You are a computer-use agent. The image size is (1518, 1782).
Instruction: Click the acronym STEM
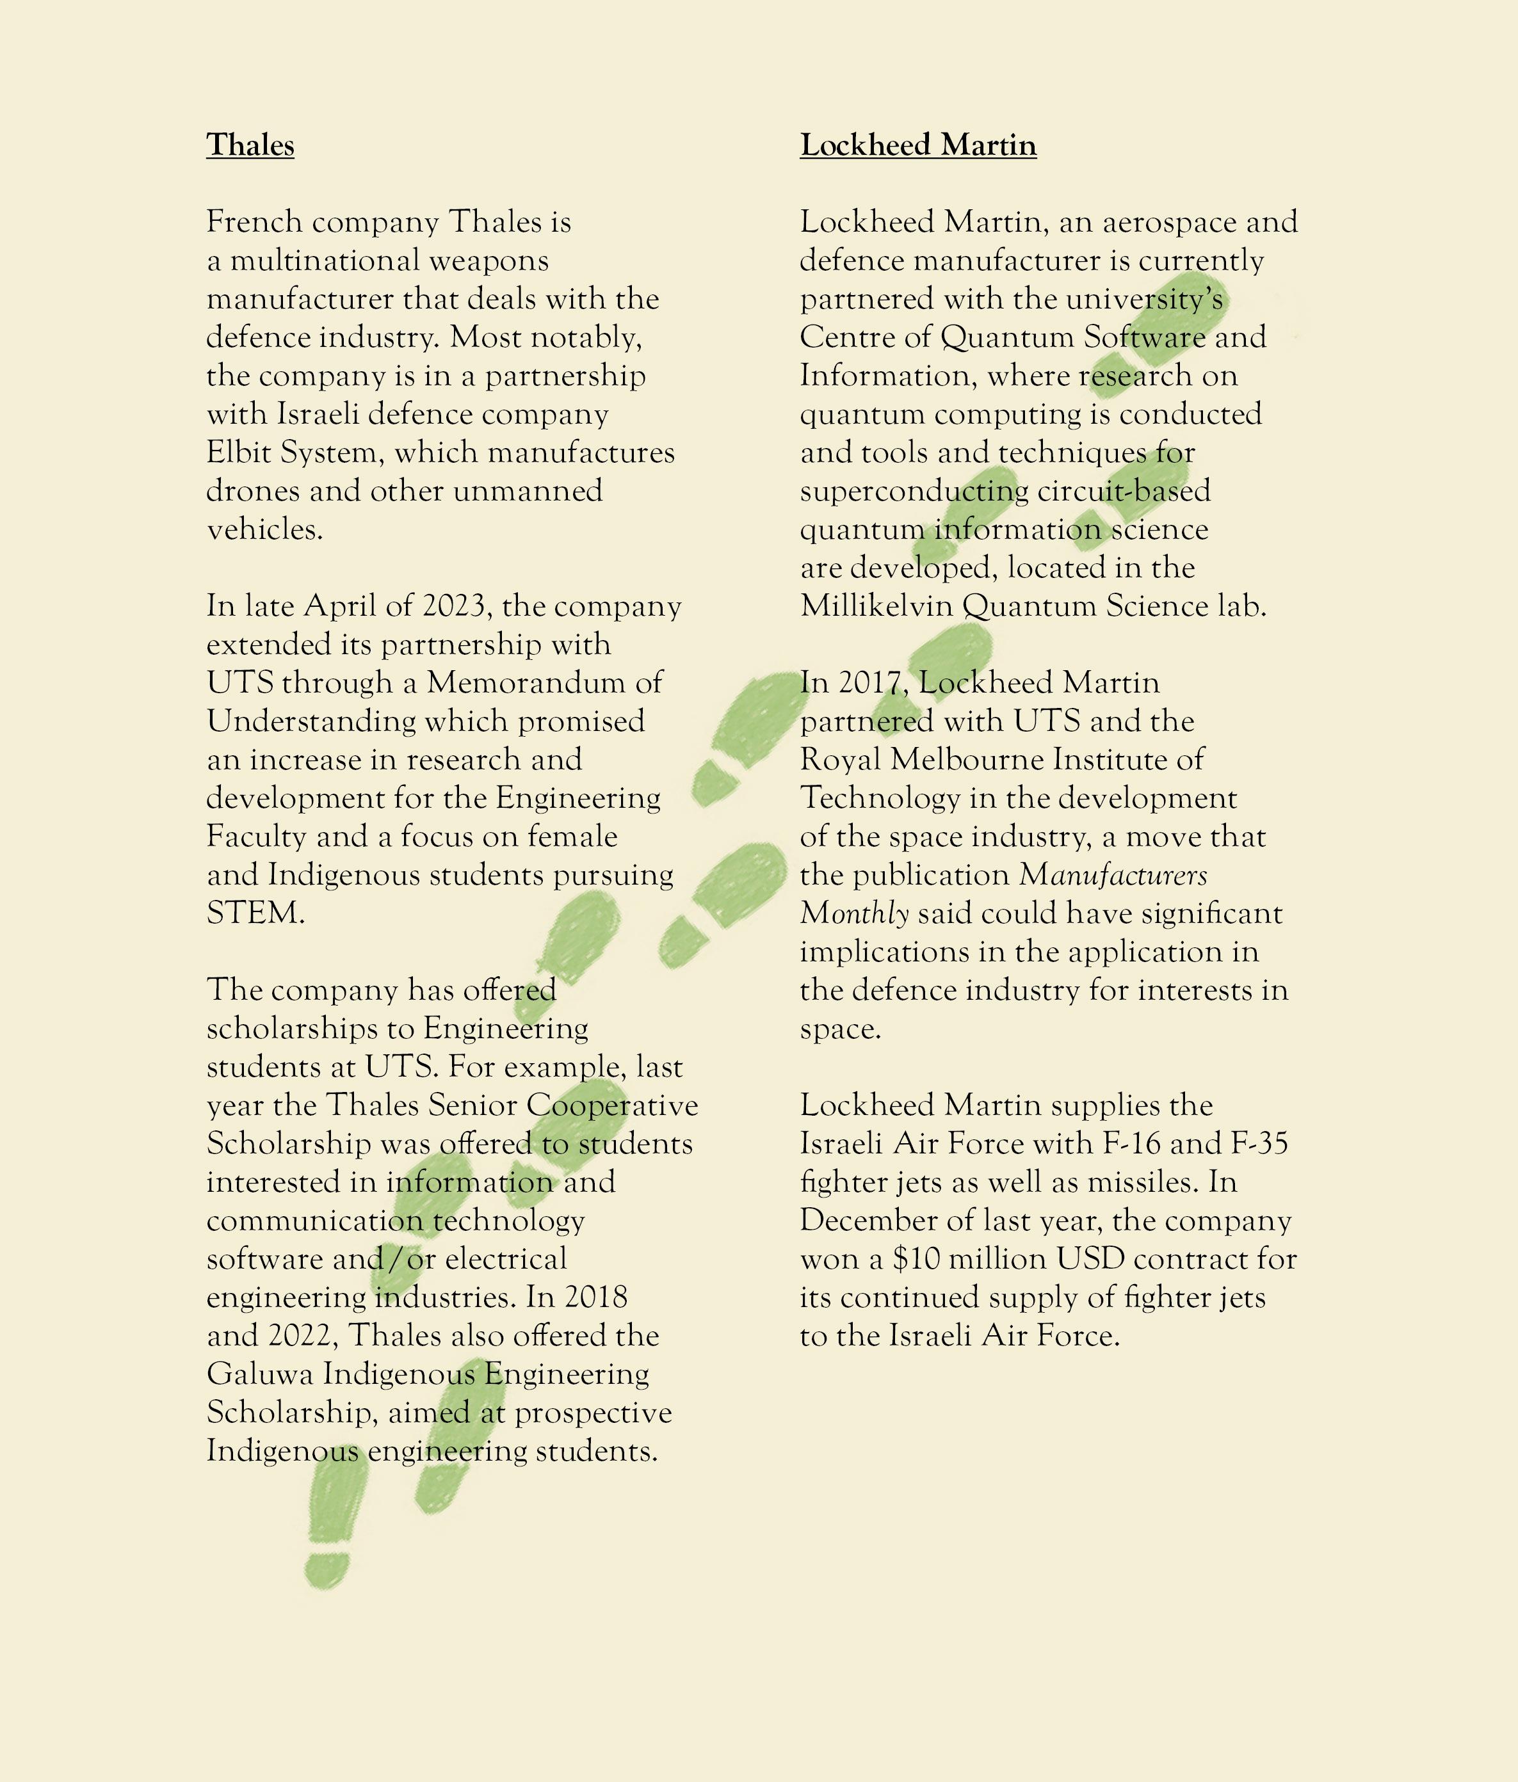255,913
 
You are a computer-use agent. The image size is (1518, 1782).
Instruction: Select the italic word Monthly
854,913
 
